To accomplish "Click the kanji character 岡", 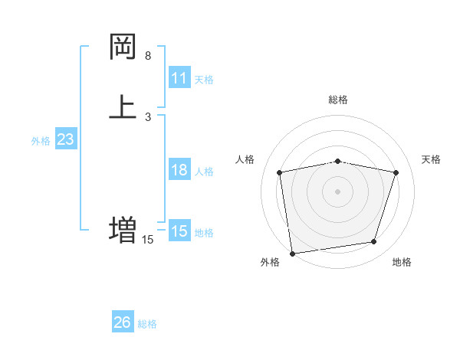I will tap(123, 47).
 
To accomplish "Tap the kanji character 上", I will tap(123, 106).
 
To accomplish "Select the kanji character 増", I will tap(123, 229).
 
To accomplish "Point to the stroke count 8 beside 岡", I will tap(148, 56).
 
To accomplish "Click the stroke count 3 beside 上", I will tap(148, 116).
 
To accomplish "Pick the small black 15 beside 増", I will tap(148, 240).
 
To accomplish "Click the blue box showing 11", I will tap(179, 78).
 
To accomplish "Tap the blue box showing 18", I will tap(179, 170).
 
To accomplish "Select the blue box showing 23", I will tap(66, 139).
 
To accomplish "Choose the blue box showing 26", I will tap(123, 322).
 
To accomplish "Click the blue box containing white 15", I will tap(179, 231).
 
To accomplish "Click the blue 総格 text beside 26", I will tap(147, 324).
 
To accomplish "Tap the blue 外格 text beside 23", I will tap(41, 141).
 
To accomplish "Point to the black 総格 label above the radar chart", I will tap(338, 100).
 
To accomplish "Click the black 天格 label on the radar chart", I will tap(431, 159).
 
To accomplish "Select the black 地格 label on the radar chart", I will tap(402, 262).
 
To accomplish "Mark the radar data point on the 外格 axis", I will tap(292, 253).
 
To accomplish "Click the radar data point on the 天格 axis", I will tap(396, 172).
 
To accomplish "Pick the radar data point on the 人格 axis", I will tap(279, 172).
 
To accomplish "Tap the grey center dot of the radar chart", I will tap(338, 191).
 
